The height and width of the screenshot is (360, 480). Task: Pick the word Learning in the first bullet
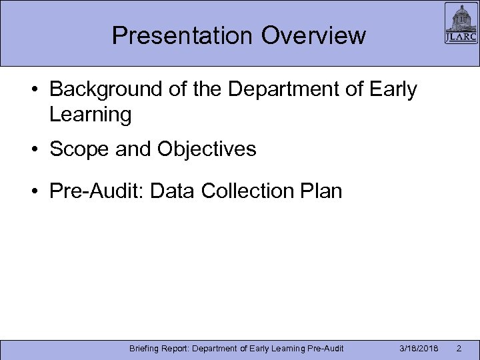90,115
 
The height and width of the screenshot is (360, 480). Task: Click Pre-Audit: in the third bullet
97,192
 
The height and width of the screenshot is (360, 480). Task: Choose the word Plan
322,192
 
